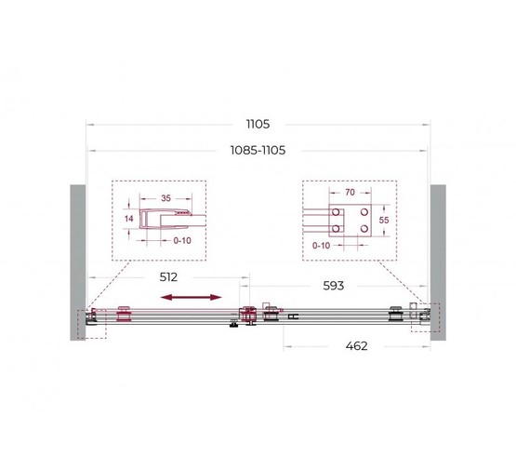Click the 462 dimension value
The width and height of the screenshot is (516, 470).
(357, 346)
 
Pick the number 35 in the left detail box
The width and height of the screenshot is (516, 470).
(165, 198)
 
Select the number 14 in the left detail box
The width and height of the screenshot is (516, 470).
(129, 219)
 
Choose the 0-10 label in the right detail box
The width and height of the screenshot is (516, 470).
(322, 246)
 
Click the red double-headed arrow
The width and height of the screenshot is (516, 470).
(192, 297)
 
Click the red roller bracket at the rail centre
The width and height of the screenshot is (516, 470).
(248, 316)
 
